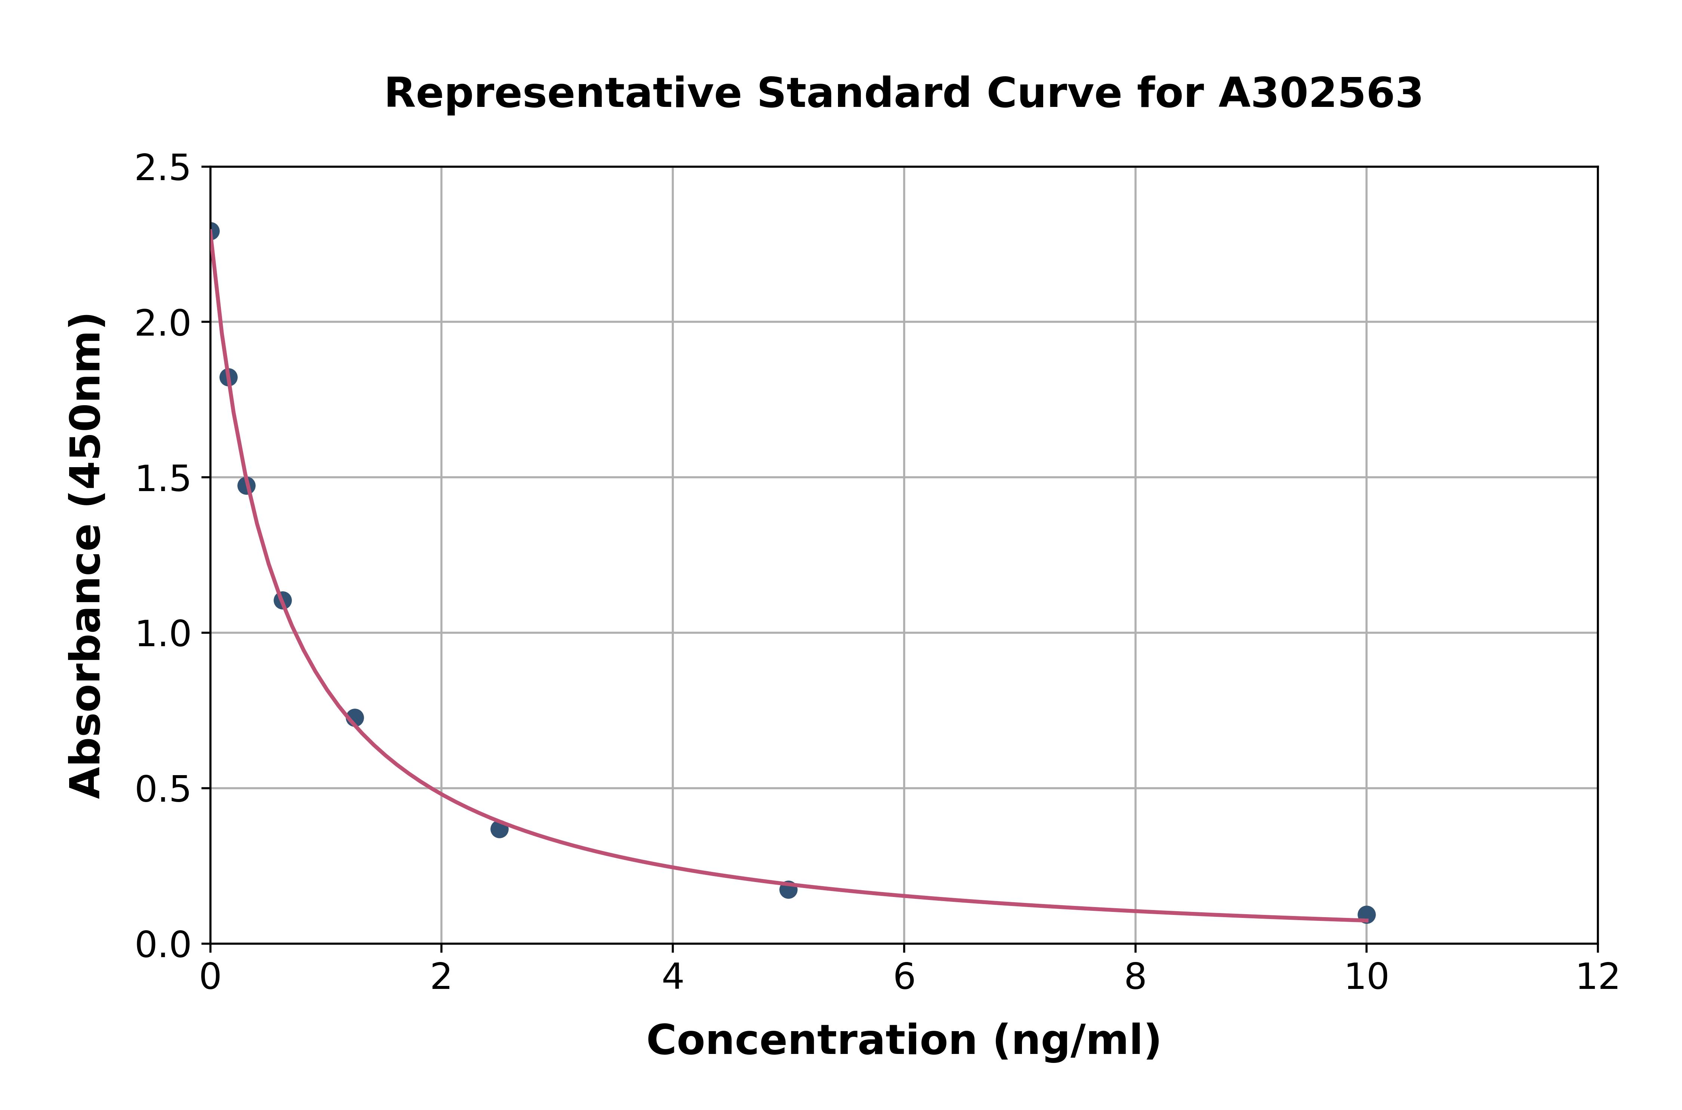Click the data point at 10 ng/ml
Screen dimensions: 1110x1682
(1366, 915)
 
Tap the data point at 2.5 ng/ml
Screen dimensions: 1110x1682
(499, 829)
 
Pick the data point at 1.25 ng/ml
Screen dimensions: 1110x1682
(355, 718)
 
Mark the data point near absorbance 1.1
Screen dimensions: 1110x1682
(283, 600)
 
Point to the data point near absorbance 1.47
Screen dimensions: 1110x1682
(246, 485)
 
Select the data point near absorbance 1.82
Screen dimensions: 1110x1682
(228, 377)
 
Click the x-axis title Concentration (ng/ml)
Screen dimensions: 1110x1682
(903, 1040)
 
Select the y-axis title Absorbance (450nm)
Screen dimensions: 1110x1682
(86, 556)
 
